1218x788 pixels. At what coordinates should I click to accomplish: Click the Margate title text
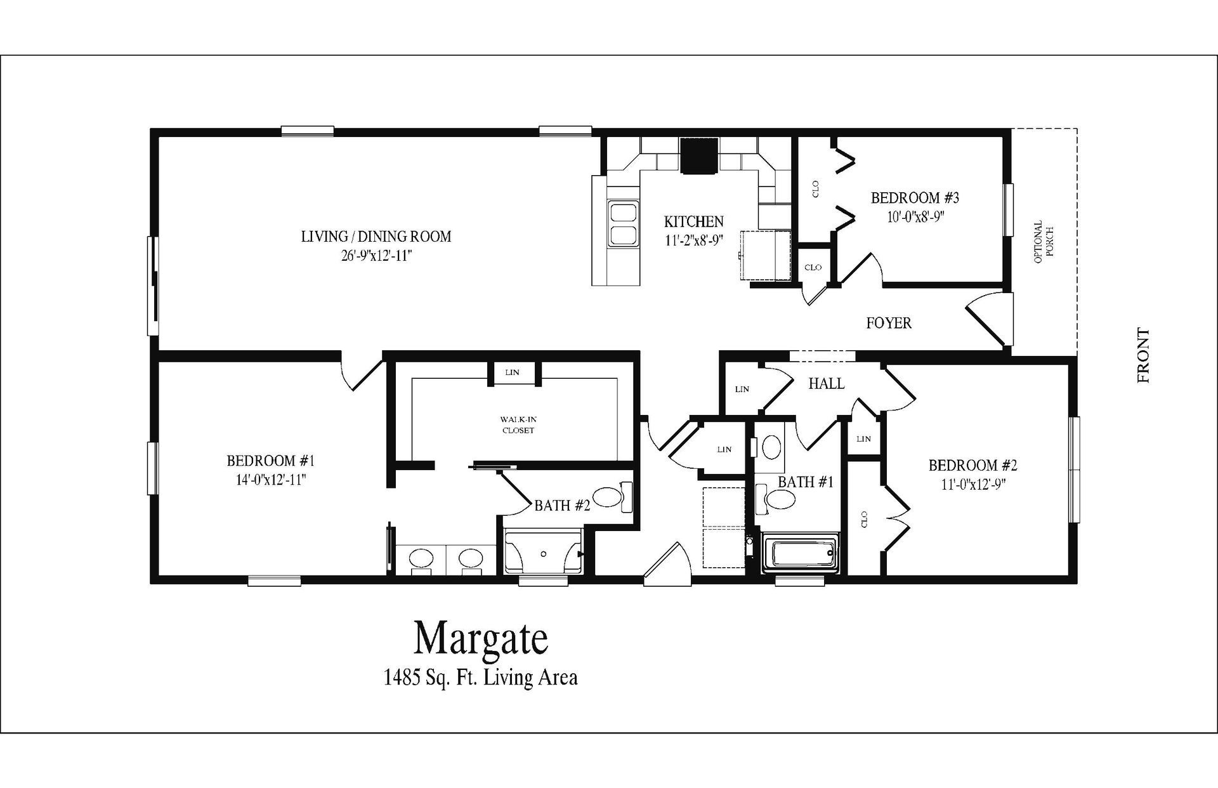(x=481, y=638)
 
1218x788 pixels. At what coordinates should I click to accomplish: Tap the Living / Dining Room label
(x=376, y=237)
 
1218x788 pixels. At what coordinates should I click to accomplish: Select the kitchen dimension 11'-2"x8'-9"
(x=693, y=240)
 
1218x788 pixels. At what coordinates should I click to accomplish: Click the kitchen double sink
(x=623, y=223)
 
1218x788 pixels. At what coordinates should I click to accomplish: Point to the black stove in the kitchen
(x=699, y=155)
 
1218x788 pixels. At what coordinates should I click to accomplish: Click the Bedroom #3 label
(x=915, y=197)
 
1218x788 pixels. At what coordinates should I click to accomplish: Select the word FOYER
(x=889, y=323)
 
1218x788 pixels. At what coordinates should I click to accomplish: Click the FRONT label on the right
(x=1143, y=355)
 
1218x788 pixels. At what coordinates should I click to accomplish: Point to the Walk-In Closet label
(x=518, y=424)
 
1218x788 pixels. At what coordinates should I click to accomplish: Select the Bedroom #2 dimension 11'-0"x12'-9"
(x=973, y=484)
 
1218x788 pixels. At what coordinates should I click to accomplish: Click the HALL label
(x=826, y=383)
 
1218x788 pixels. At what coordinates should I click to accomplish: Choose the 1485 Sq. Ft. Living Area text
(x=480, y=678)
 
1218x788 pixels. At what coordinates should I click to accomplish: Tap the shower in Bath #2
(x=544, y=553)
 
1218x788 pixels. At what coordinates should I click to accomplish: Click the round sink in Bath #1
(x=771, y=446)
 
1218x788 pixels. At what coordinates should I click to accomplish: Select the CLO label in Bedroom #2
(x=864, y=520)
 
